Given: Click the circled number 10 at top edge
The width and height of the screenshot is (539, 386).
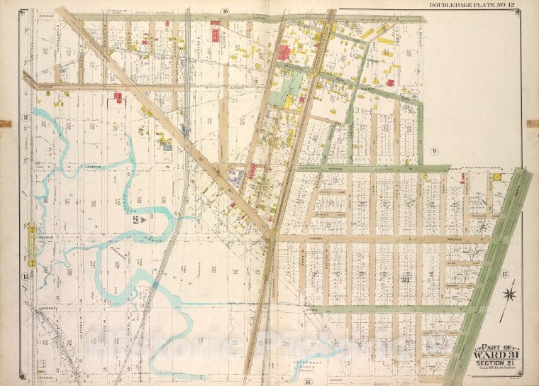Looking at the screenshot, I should pyautogui.click(x=224, y=11).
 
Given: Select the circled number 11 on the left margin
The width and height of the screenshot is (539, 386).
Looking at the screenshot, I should pyautogui.click(x=25, y=117).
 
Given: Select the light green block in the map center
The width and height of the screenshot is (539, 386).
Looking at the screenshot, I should pyautogui.click(x=291, y=90).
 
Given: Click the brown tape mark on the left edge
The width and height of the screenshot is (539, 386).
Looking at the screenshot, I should pyautogui.click(x=5, y=123).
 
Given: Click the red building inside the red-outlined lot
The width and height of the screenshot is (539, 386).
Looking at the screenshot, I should pyautogui.click(x=117, y=95).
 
